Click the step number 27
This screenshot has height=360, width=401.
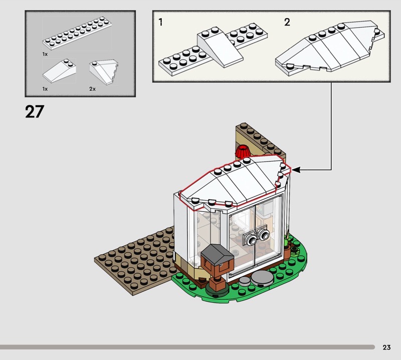click(35, 111)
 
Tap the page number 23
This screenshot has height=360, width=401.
click(386, 347)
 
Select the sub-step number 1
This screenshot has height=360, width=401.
click(160, 22)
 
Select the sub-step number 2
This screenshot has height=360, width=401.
click(287, 22)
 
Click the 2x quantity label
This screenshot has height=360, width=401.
click(92, 89)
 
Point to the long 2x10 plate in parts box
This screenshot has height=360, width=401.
click(77, 33)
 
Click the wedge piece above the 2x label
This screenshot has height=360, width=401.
click(104, 72)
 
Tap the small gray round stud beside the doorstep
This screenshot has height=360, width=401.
click(244, 281)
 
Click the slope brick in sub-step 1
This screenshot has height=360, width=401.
click(220, 49)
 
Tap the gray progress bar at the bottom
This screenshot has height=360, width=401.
click(187, 347)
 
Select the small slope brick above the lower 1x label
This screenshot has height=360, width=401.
click(59, 71)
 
